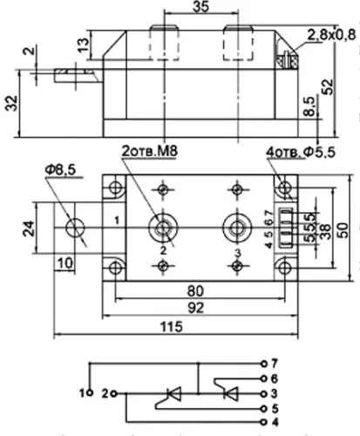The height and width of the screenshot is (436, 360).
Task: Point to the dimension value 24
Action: pos(29,228)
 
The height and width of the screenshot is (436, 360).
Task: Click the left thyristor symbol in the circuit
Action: pos(171,394)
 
